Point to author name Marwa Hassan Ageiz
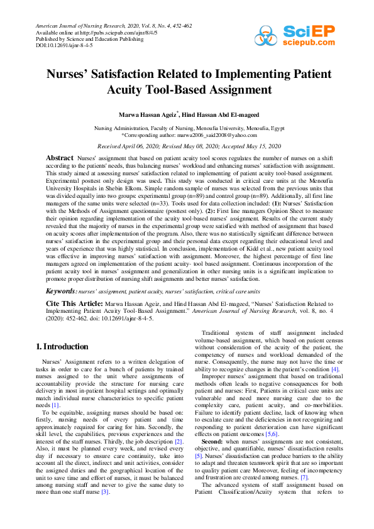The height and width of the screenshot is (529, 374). tap(153, 116)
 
